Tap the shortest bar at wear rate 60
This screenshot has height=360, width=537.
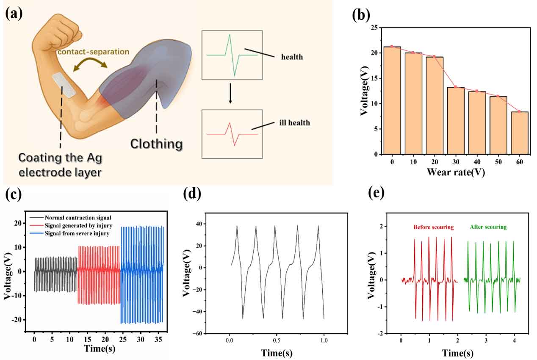(519, 133)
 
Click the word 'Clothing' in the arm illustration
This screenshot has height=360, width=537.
(156, 144)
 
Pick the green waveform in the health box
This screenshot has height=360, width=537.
(232, 55)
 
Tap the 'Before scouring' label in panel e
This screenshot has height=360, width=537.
(434, 227)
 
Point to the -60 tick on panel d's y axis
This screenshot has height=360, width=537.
(198, 334)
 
